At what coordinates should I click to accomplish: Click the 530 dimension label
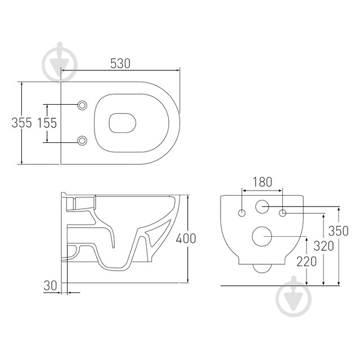tap(120, 64)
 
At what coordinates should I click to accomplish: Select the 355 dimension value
tap(22, 123)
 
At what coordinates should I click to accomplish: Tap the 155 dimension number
tap(48, 123)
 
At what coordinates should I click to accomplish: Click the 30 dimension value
tap(51, 286)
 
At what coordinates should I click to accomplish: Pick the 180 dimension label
tap(262, 182)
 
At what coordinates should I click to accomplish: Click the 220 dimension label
tap(307, 261)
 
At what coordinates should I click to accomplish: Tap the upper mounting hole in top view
tap(83, 105)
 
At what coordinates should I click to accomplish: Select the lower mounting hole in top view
tap(83, 140)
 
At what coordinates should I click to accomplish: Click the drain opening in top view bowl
tap(122, 123)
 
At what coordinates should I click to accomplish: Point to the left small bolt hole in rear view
tap(242, 213)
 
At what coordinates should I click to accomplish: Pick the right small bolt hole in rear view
tap(283, 213)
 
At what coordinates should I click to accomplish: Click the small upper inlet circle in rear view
tap(263, 207)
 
